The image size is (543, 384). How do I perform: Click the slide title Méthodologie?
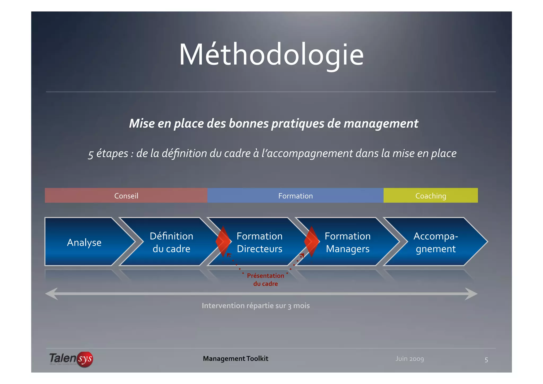coord(271,55)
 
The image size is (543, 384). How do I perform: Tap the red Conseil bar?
coord(126,196)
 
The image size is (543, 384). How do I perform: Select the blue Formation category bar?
coord(295,196)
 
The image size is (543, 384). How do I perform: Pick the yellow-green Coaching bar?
coord(431,196)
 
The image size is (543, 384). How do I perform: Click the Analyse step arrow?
coord(84,242)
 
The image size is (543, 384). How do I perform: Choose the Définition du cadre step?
coord(171,242)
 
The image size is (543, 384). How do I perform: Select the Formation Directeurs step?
coord(260,242)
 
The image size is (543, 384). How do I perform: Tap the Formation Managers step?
coord(348,242)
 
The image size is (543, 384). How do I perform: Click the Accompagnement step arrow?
coord(436,242)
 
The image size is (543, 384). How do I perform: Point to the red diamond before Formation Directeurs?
coord(223,241)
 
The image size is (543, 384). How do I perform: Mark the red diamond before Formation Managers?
coord(312,241)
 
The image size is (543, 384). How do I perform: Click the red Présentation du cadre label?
coord(265,279)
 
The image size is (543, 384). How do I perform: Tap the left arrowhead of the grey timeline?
coord(51,294)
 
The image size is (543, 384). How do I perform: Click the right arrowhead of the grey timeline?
coord(471,294)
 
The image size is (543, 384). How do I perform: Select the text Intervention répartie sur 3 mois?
coord(256,306)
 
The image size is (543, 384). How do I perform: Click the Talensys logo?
coord(71,359)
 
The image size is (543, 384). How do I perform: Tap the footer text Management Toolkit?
coord(235,359)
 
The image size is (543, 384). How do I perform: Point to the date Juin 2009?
coord(410,359)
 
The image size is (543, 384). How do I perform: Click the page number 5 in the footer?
coord(486,360)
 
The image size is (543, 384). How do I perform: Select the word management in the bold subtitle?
coord(381,124)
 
